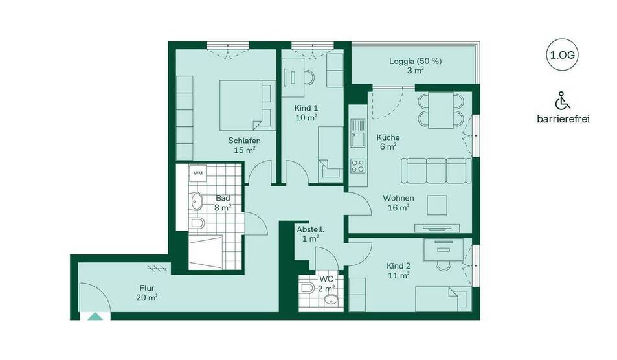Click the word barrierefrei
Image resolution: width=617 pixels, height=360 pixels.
tap(563, 119)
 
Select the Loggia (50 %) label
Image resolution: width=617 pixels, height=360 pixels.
tap(415, 66)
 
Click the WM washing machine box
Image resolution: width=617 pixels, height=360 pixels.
tap(197, 173)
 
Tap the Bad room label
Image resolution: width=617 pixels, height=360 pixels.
tap(223, 203)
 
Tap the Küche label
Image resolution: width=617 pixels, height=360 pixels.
tap(388, 142)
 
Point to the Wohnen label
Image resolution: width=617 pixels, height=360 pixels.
tap(398, 203)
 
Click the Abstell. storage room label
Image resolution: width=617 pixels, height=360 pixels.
tap(310, 234)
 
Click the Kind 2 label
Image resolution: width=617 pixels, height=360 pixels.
tap(398, 271)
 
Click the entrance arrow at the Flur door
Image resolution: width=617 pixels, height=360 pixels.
tap(95, 316)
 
